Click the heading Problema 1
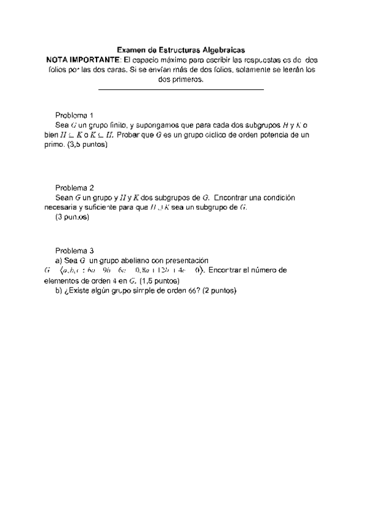click(x=74, y=116)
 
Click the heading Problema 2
click(x=74, y=188)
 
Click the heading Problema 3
click(x=74, y=250)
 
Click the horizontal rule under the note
click(x=181, y=90)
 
